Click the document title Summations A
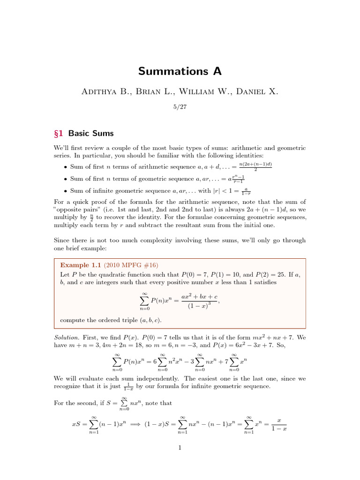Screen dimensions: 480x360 pyautogui.click(x=180, y=71)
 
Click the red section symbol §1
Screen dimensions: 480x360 pyautogui.click(x=60, y=133)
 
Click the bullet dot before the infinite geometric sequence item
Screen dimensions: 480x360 pyautogui.click(x=65, y=191)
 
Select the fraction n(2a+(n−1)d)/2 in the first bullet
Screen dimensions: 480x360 pyautogui.click(x=255, y=166)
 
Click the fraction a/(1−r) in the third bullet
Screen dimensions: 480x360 pyautogui.click(x=246, y=191)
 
